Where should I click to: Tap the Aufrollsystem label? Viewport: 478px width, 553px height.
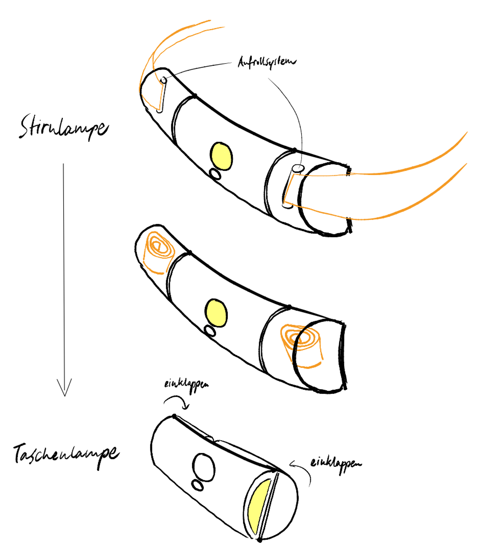(x=267, y=62)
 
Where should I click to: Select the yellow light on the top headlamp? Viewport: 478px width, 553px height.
(x=221, y=156)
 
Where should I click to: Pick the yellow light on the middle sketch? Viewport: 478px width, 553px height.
(x=216, y=313)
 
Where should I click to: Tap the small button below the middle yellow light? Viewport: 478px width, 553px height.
(x=210, y=331)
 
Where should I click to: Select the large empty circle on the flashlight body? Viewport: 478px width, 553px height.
(x=204, y=468)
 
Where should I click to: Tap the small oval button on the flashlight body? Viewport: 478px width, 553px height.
(x=198, y=485)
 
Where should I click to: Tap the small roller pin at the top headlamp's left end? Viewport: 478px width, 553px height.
(x=164, y=81)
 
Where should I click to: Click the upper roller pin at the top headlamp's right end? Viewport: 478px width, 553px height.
(x=298, y=168)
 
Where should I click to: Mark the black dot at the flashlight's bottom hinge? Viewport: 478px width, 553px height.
(x=260, y=540)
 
